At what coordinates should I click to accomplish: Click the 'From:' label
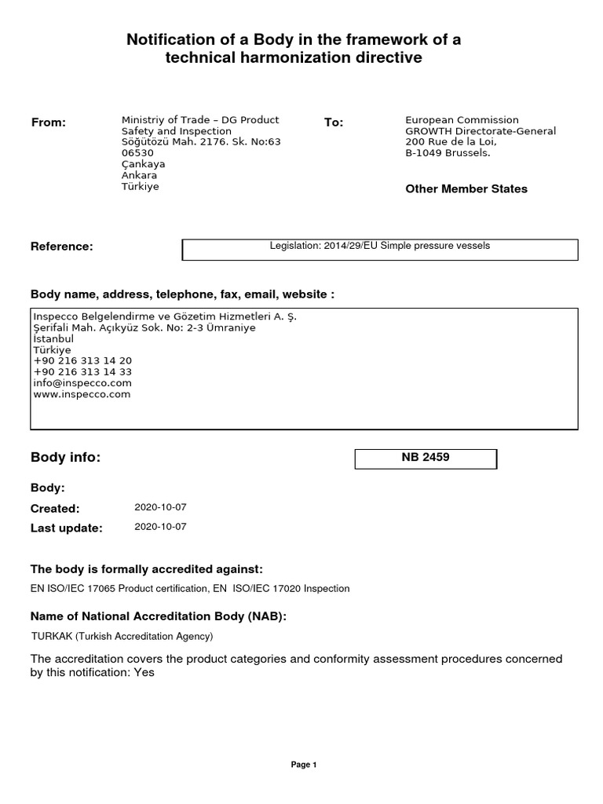48,122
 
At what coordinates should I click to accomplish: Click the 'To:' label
334,122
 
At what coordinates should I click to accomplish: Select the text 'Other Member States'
466,188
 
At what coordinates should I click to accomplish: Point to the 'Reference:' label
61,247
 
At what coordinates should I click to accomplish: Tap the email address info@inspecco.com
82,383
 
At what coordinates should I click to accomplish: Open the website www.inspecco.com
82,394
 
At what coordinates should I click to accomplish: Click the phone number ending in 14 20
82,360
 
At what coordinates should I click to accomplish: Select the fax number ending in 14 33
82,371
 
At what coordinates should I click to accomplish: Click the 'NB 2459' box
426,458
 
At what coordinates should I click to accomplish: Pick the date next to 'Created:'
160,508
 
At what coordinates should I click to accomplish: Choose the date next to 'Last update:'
160,527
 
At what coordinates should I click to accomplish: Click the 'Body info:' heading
65,458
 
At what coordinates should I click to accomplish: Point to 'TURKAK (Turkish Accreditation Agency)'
122,636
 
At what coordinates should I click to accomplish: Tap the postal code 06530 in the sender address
137,153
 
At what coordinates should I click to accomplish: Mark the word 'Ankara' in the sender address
139,176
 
